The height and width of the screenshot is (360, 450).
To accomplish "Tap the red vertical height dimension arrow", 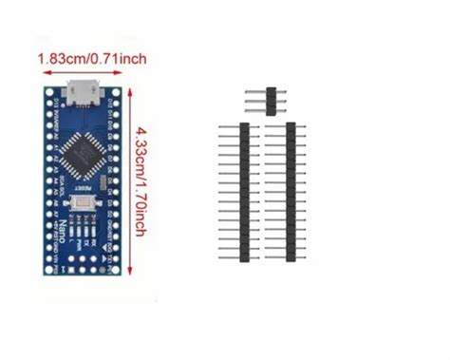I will pos(128,180).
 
